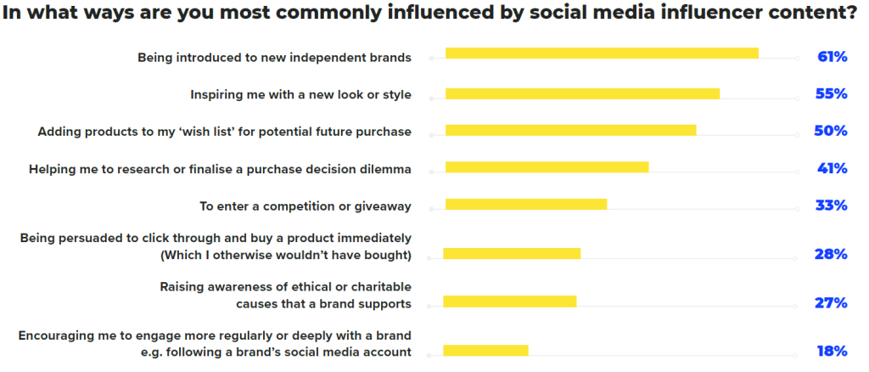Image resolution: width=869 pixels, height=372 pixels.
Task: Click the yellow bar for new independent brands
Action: click(601, 54)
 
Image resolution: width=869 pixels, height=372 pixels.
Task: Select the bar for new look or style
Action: click(582, 93)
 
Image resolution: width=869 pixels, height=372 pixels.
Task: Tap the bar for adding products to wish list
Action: click(570, 130)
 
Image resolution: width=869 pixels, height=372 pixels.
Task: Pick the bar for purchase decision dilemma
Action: click(547, 167)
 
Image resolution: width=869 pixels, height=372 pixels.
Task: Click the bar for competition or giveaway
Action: click(525, 204)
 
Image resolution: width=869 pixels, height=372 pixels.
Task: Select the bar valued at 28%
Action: click(512, 253)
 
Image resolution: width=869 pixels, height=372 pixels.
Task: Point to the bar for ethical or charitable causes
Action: click(509, 302)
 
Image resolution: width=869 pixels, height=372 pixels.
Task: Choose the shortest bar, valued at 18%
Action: click(485, 350)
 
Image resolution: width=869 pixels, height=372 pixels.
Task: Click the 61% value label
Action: click(832, 57)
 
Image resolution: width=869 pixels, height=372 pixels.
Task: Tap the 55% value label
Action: click(832, 94)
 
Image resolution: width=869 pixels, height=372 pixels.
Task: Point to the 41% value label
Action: click(832, 168)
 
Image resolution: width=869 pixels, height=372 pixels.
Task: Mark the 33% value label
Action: click(832, 206)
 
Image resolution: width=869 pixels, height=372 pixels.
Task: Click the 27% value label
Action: click(832, 303)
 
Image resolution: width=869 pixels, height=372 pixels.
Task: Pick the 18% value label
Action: click(832, 351)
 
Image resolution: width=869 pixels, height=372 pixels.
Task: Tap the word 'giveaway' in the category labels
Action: click(382, 206)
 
